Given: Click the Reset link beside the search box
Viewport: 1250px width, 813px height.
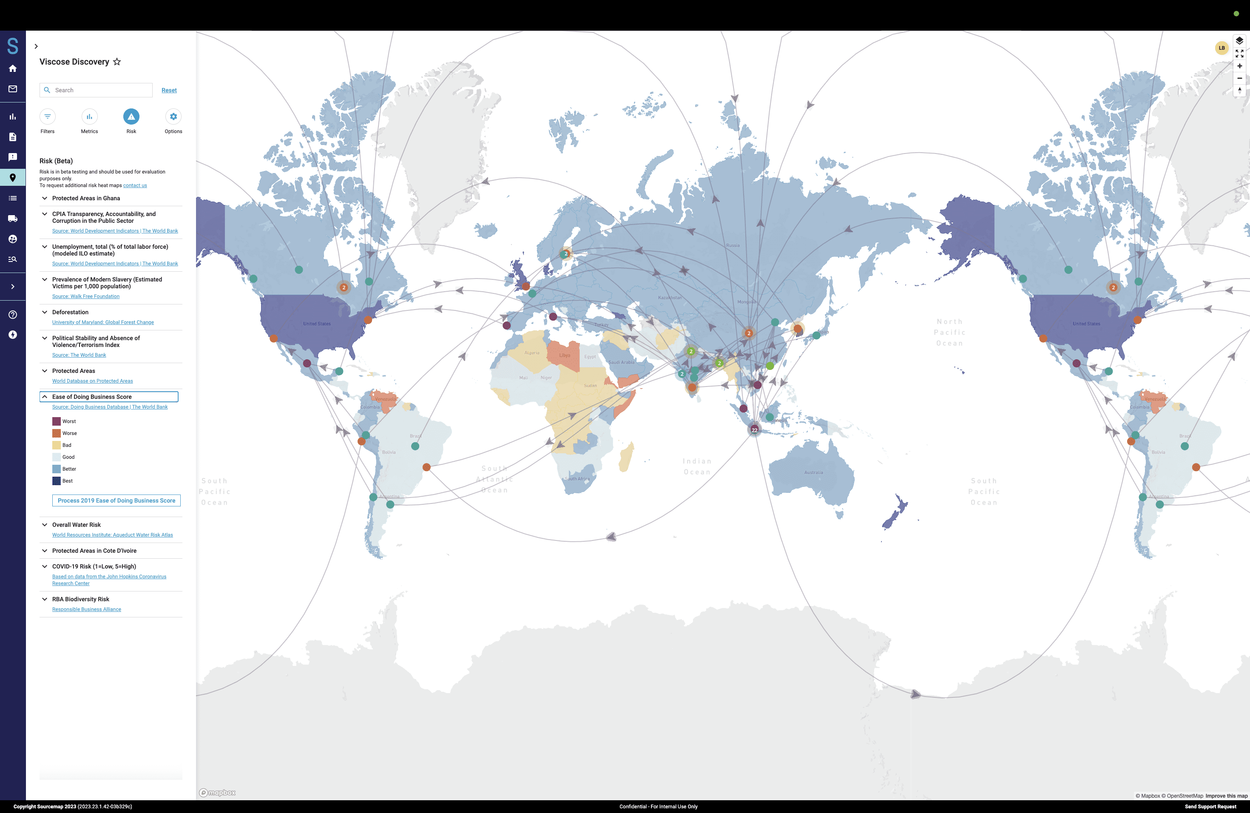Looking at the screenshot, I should pos(169,90).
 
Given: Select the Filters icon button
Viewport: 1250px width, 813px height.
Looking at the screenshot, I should pos(47,117).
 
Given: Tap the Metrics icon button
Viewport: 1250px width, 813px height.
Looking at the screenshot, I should pos(89,117).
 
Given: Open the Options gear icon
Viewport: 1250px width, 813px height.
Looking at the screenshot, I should pos(173,117).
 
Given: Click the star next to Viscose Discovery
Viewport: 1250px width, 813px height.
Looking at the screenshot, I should pos(117,62).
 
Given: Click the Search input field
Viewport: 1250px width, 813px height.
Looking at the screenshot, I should pos(100,90).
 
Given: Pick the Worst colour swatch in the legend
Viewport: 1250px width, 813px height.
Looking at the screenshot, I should pos(56,421).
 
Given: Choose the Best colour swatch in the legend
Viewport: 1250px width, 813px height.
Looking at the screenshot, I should pos(56,481).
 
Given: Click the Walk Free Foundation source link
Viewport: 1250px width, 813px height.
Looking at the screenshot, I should pos(85,296).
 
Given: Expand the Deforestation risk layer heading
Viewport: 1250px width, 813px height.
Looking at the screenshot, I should pos(71,312).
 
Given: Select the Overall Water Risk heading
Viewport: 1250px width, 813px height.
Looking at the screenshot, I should pos(76,525).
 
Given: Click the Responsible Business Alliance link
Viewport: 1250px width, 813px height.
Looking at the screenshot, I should pos(87,609).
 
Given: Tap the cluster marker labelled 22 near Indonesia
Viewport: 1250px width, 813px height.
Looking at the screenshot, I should pos(754,429).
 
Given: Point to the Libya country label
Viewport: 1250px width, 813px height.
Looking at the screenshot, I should pos(565,355).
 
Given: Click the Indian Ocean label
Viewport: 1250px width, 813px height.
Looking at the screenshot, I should pos(697,466).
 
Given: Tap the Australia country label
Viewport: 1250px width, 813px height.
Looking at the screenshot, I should pos(813,472).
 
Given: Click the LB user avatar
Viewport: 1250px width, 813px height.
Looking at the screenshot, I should pos(1222,48).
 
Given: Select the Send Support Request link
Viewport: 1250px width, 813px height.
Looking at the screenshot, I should pos(1210,807).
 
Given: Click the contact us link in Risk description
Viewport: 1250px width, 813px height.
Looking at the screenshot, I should pos(135,185).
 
